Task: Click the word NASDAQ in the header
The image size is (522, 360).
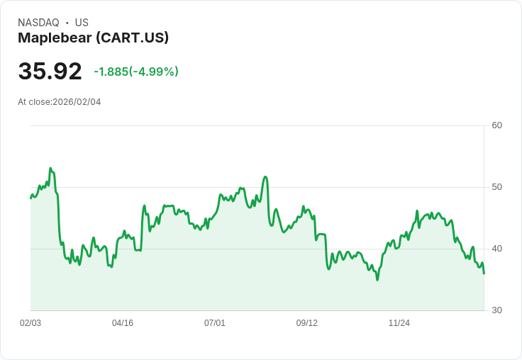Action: pyautogui.click(x=38, y=23)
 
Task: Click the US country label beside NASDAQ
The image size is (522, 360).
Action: pyautogui.click(x=82, y=23)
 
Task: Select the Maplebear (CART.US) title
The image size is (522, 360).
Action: pyautogui.click(x=93, y=38)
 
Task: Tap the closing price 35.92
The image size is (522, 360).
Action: pyautogui.click(x=50, y=72)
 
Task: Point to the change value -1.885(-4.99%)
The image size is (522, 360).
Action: pyautogui.click(x=136, y=72)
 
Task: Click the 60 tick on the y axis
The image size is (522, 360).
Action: pyautogui.click(x=497, y=125)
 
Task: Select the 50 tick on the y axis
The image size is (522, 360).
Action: pyautogui.click(x=497, y=187)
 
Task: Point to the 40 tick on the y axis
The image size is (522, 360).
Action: pyautogui.click(x=497, y=249)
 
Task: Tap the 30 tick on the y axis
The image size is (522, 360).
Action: pyautogui.click(x=497, y=310)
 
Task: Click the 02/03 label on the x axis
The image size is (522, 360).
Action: pyautogui.click(x=30, y=323)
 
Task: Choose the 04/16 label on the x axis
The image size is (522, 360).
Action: pyautogui.click(x=123, y=323)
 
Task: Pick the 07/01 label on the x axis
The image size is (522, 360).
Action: pyautogui.click(x=215, y=323)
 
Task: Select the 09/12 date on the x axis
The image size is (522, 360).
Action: pyautogui.click(x=307, y=323)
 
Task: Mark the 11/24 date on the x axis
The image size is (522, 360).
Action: pyautogui.click(x=399, y=323)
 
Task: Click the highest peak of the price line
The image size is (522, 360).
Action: pyautogui.click(x=50, y=168)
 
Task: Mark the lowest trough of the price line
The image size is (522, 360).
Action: pyautogui.click(x=377, y=280)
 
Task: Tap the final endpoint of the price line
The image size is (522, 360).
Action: pyautogui.click(x=484, y=274)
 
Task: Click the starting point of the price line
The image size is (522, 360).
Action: pyautogui.click(x=30, y=198)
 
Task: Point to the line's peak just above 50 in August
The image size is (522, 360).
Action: pyautogui.click(x=265, y=176)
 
